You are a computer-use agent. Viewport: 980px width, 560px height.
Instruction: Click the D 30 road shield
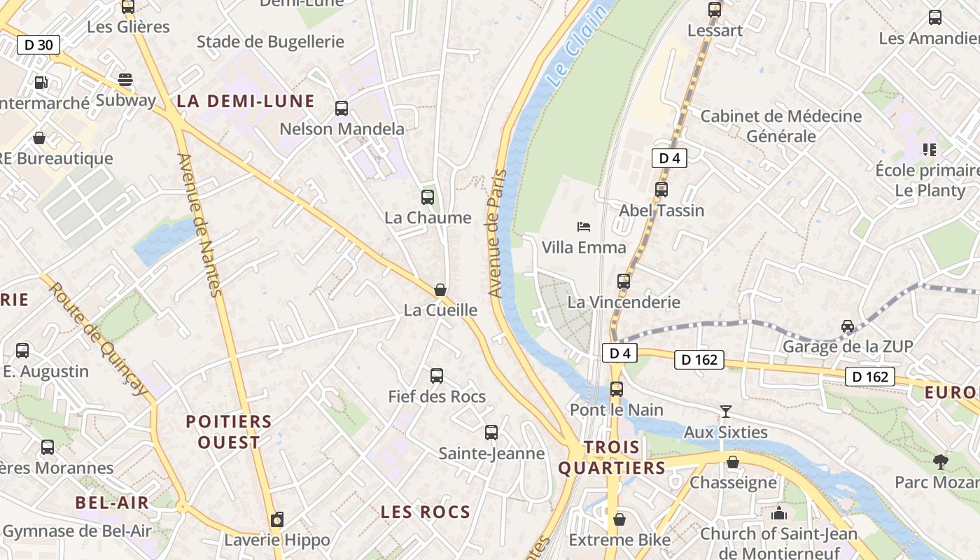[38, 45]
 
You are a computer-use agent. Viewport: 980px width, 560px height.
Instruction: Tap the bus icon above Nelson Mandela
[342, 108]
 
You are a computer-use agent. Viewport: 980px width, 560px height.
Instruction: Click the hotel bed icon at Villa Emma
[584, 226]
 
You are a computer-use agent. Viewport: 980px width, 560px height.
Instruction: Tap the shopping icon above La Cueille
[440, 290]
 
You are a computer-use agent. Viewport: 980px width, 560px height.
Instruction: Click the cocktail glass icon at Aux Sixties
[725, 412]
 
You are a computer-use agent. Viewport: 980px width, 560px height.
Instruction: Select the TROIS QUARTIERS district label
[613, 458]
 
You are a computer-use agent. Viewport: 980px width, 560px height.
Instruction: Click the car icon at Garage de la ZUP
[848, 326]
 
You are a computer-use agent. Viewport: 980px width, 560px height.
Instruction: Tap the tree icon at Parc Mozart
[940, 462]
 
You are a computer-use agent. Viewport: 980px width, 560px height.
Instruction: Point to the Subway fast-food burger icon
[125, 80]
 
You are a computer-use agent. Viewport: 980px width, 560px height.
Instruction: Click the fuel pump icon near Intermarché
[41, 83]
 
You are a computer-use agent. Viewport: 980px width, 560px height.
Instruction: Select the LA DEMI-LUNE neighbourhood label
[245, 101]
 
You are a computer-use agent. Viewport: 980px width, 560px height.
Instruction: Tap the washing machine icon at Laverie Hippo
[277, 520]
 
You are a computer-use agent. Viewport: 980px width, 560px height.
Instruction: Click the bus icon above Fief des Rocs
[437, 376]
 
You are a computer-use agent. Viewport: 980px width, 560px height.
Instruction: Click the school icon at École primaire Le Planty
[930, 149]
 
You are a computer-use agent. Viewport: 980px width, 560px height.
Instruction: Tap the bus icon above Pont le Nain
[617, 389]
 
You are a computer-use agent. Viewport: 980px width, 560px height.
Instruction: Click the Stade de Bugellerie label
[270, 42]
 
